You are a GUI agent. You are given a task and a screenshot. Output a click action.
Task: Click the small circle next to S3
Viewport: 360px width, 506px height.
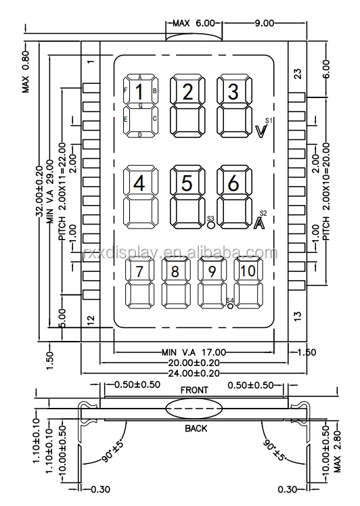click(211, 227)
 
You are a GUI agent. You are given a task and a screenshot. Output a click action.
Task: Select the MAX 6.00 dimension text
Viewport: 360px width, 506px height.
click(192, 23)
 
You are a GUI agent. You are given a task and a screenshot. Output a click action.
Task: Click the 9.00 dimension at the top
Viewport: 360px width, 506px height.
click(264, 23)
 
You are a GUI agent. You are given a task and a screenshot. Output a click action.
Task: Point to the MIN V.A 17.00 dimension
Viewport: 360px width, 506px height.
click(194, 352)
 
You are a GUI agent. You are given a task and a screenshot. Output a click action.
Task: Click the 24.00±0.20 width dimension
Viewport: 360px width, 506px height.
click(194, 372)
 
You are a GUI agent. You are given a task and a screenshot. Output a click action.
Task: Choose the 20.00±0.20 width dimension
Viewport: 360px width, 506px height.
click(194, 363)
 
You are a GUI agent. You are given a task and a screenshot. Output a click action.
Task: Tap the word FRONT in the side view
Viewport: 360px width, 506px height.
click(194, 390)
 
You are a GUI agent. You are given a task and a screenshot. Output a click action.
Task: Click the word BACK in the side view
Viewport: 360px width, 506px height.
click(196, 428)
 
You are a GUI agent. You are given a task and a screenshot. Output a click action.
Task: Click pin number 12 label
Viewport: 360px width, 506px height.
click(91, 319)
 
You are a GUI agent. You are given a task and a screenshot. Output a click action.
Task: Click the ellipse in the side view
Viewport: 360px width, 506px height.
click(194, 409)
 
